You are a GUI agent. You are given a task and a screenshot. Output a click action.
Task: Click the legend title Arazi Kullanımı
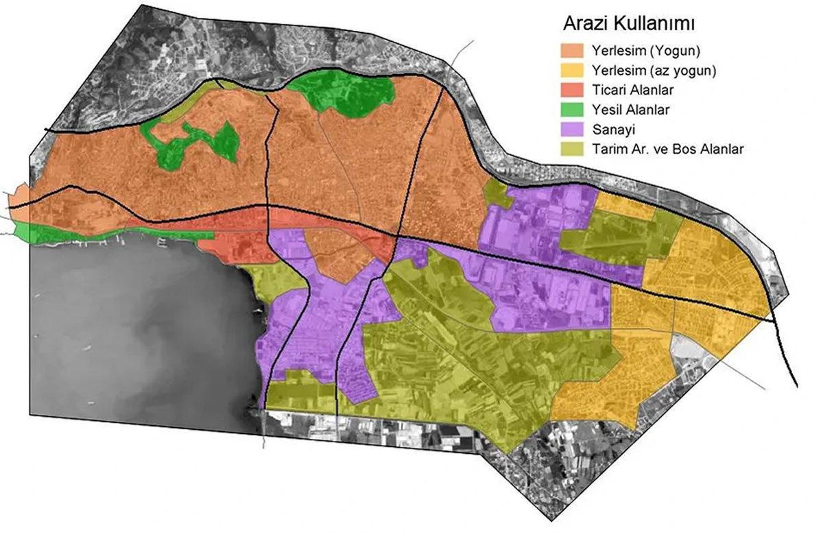click(629, 24)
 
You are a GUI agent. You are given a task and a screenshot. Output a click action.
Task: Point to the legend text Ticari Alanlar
click(629, 90)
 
